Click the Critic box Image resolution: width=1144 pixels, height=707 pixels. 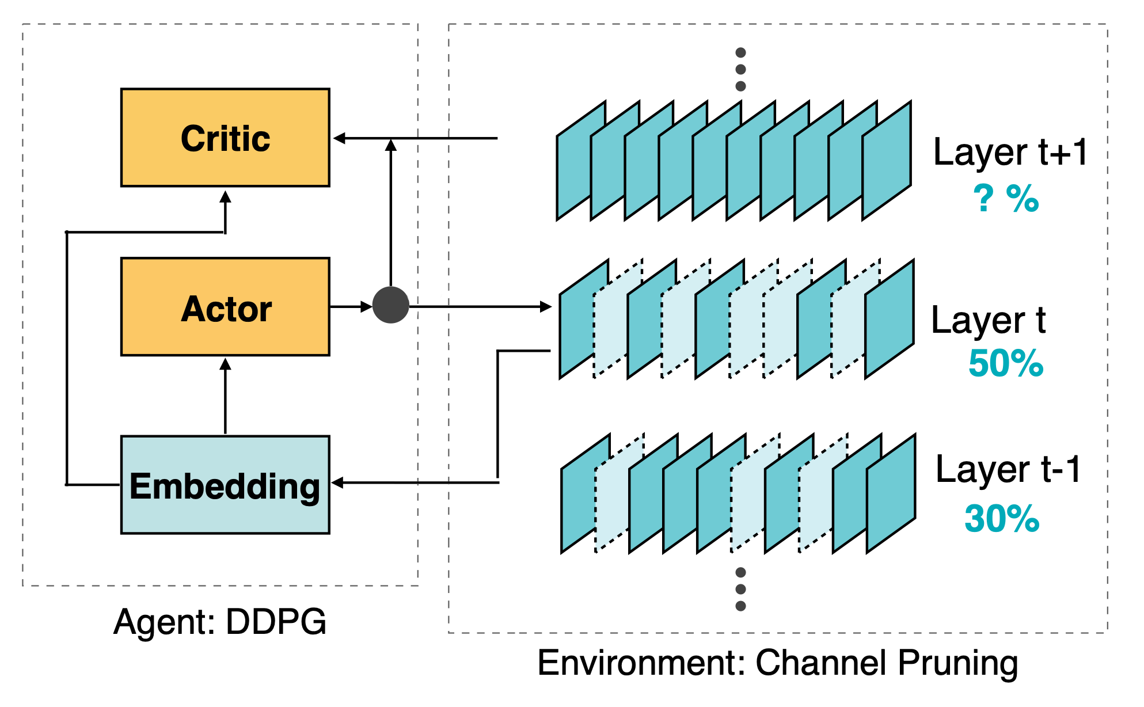pos(225,138)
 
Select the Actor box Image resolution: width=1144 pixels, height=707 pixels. pos(225,307)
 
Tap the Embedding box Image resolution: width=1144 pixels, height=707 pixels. pos(225,485)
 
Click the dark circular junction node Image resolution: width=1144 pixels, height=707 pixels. pos(391,305)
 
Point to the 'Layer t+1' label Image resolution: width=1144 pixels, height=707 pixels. pos(1010,152)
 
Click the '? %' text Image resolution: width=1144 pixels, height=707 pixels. pos(1006,199)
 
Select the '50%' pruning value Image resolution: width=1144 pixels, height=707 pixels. pos(1006,363)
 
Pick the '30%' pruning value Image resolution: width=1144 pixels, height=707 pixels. pos(1002,519)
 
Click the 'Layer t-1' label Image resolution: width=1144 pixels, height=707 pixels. pos(1009,470)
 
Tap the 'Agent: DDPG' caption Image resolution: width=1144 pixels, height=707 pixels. pos(220,622)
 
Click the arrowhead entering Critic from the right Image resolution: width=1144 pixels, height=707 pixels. pos(340,138)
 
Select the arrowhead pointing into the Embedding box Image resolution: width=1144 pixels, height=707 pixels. pos(338,482)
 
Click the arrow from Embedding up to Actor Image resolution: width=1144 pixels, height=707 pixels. pos(225,396)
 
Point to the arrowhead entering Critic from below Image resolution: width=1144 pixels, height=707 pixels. pos(225,197)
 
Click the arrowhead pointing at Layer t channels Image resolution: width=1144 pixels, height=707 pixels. pos(546,307)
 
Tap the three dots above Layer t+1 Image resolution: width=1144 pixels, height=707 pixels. pos(741,69)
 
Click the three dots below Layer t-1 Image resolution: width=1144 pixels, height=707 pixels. pos(741,589)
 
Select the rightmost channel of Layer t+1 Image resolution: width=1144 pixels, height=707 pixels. pos(887,161)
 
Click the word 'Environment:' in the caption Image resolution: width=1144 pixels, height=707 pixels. pos(642,663)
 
